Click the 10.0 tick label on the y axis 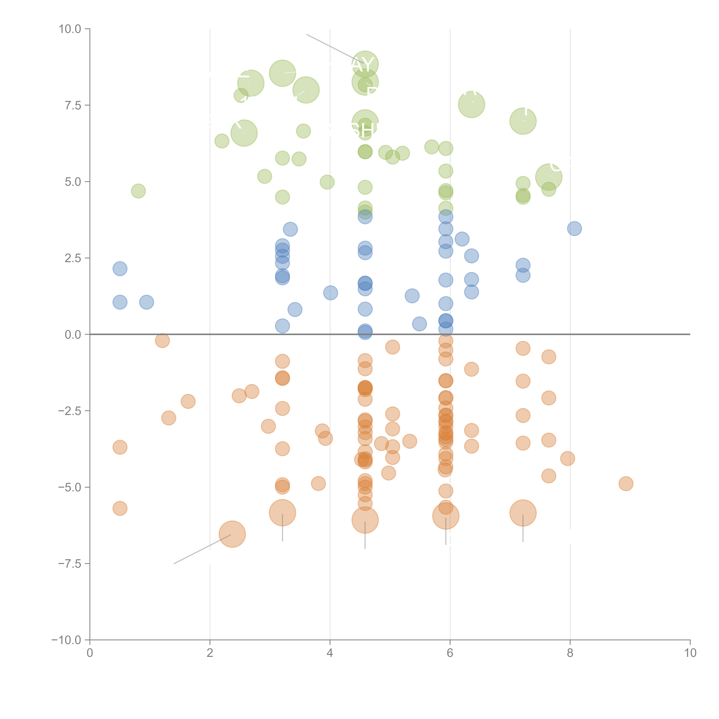pos(70,29)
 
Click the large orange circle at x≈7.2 pos(523,513)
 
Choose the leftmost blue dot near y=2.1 pos(120,269)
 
